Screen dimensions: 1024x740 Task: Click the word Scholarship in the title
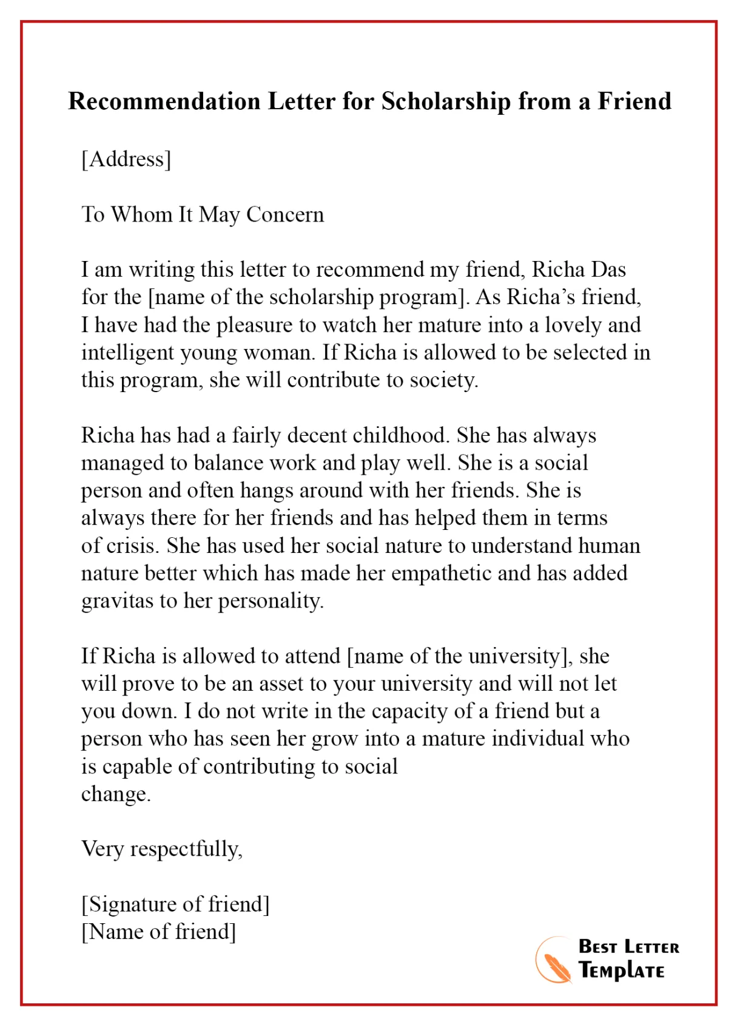(x=446, y=102)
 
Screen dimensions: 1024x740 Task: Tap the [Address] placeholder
(x=126, y=159)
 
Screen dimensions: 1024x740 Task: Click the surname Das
(x=608, y=270)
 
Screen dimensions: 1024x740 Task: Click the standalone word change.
(x=115, y=794)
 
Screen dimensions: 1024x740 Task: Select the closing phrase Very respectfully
(x=161, y=849)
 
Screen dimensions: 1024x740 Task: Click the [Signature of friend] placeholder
(x=175, y=904)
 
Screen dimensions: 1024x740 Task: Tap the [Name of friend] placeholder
(x=158, y=932)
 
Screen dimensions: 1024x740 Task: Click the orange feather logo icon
(x=553, y=961)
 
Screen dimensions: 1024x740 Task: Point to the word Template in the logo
(x=621, y=971)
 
